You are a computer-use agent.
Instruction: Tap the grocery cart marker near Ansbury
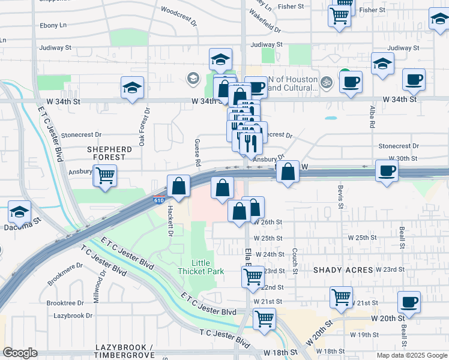pyautogui.click(x=106, y=176)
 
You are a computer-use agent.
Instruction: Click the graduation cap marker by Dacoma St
pyautogui.click(x=20, y=212)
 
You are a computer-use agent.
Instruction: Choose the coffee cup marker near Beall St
pyautogui.click(x=409, y=302)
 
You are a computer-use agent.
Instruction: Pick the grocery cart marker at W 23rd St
pyautogui.click(x=253, y=277)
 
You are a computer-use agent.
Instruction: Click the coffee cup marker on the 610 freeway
pyautogui.click(x=387, y=170)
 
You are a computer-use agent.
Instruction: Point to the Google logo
pyautogui.click(x=20, y=353)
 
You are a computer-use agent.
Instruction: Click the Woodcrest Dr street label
pyautogui.click(x=179, y=16)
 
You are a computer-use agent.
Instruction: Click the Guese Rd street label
pyautogui.click(x=197, y=154)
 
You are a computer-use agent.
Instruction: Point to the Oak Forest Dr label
pyautogui.click(x=143, y=127)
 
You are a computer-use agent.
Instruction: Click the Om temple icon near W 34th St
pyautogui.click(x=327, y=80)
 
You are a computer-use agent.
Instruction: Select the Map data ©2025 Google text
pyautogui.click(x=411, y=355)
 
